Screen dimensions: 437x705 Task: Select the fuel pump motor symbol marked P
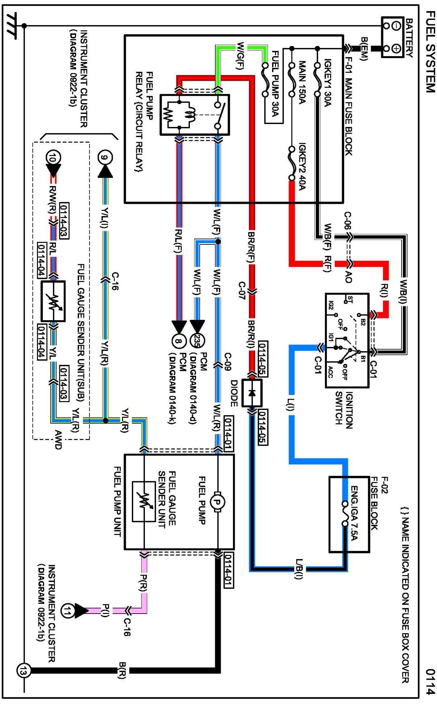[x=218, y=502]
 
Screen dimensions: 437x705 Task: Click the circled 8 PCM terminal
[x=178, y=341]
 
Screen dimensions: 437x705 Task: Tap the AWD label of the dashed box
[x=58, y=440]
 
